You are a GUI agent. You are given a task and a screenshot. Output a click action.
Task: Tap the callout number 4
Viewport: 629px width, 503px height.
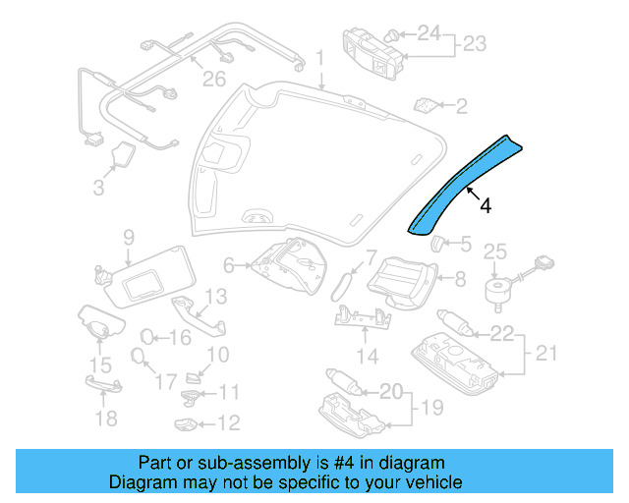[x=485, y=206]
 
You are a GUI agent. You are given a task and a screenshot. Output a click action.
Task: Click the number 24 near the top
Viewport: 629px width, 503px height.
[x=429, y=34]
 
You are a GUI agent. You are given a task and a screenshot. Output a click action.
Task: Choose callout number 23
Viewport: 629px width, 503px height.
[x=476, y=44]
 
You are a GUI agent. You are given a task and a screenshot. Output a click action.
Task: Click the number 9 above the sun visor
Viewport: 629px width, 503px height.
[x=128, y=237]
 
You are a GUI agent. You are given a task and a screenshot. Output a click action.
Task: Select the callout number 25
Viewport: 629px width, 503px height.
[x=495, y=251]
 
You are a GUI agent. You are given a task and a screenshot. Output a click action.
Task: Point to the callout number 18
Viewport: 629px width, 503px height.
[x=105, y=419]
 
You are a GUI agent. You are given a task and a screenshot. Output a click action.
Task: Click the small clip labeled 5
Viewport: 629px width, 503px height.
[x=433, y=244]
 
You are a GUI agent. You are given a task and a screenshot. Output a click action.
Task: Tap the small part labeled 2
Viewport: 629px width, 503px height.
[x=427, y=104]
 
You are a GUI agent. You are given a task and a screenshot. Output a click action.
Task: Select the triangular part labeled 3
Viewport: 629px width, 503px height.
[x=126, y=155]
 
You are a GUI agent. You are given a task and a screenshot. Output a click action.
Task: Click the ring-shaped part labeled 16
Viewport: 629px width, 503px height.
[x=146, y=337]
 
